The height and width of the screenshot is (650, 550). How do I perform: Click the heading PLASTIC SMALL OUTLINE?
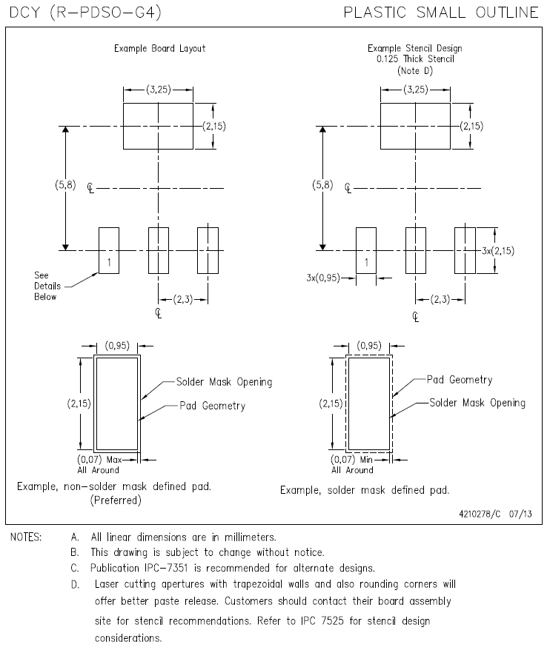442,12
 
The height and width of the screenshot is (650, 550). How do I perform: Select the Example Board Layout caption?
159,49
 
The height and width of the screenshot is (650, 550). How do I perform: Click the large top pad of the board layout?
158,127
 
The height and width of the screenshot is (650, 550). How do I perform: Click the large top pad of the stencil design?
415,127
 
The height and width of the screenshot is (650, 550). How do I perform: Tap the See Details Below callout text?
46,285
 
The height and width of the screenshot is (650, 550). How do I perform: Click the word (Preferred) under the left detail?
116,500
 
